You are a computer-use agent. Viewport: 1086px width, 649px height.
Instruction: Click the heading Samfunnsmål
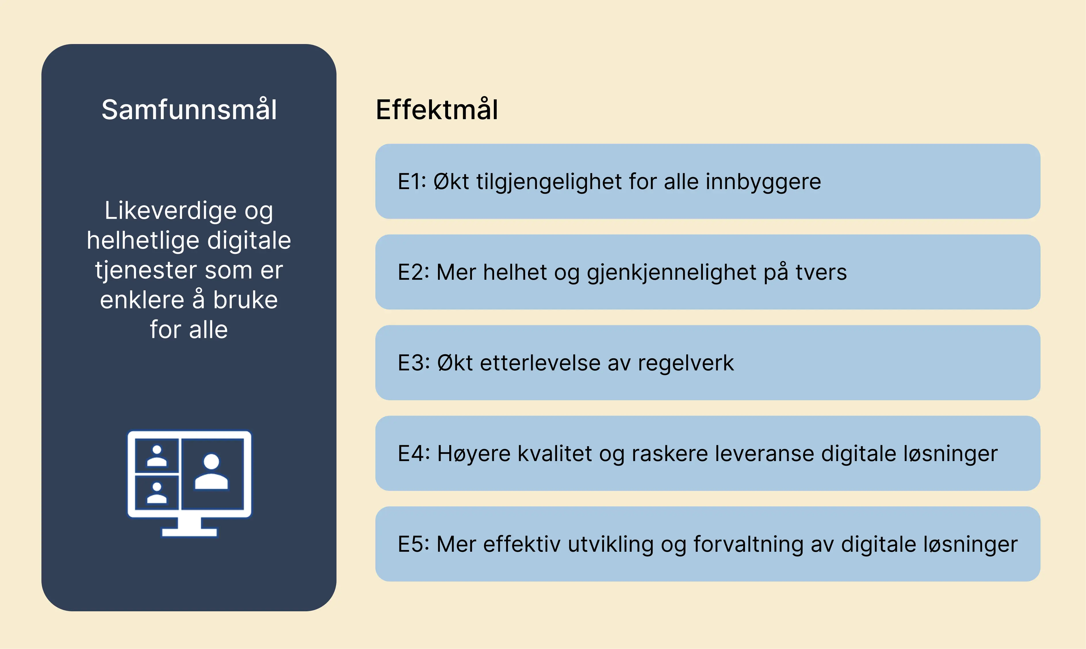[x=189, y=109]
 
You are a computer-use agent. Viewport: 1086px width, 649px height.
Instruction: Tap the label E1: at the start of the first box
[x=412, y=182]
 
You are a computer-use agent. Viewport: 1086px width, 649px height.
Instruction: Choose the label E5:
[x=413, y=545]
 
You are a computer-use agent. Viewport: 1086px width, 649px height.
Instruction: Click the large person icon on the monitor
[x=211, y=471]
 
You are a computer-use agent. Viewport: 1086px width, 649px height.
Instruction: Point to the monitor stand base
[x=189, y=532]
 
